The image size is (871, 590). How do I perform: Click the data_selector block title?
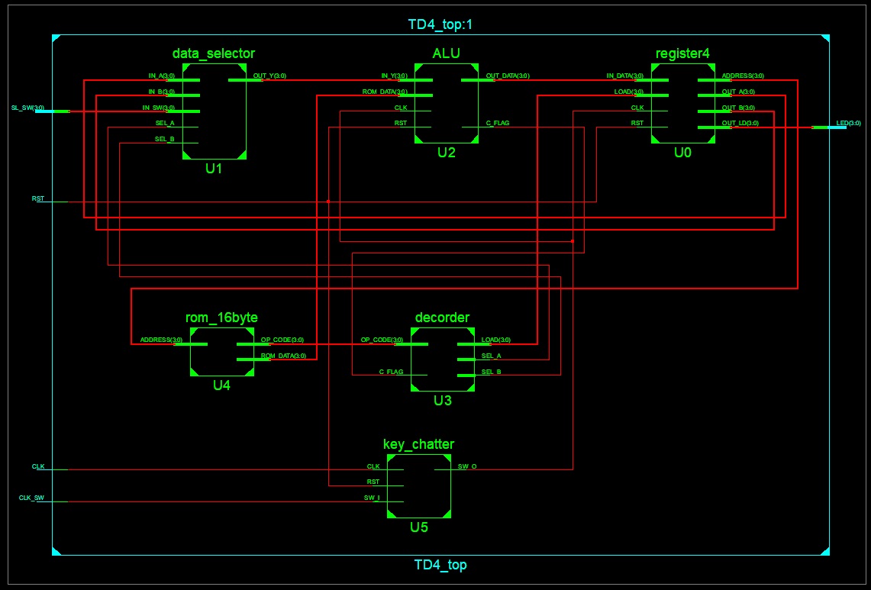click(214, 53)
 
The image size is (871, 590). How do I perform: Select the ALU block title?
click(446, 53)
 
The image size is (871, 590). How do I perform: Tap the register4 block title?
click(682, 53)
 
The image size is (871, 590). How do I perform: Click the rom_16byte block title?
click(221, 318)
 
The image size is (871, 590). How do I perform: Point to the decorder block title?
click(442, 318)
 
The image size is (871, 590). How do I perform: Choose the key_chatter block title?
click(418, 444)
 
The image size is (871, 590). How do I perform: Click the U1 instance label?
click(214, 168)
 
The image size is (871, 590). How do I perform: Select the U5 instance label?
click(418, 526)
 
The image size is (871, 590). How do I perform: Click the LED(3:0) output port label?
click(849, 124)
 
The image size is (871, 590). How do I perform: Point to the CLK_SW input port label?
click(31, 498)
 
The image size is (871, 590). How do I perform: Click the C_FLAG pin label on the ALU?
click(498, 124)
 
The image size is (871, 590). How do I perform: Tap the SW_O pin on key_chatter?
click(467, 466)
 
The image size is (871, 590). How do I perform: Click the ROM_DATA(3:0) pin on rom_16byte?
click(284, 356)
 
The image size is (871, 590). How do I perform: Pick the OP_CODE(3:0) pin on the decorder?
click(376, 340)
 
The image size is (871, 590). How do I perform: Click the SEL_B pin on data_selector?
click(164, 140)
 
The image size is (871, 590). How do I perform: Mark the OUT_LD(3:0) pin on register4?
click(740, 124)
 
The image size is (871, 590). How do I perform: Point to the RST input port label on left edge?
click(38, 198)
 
